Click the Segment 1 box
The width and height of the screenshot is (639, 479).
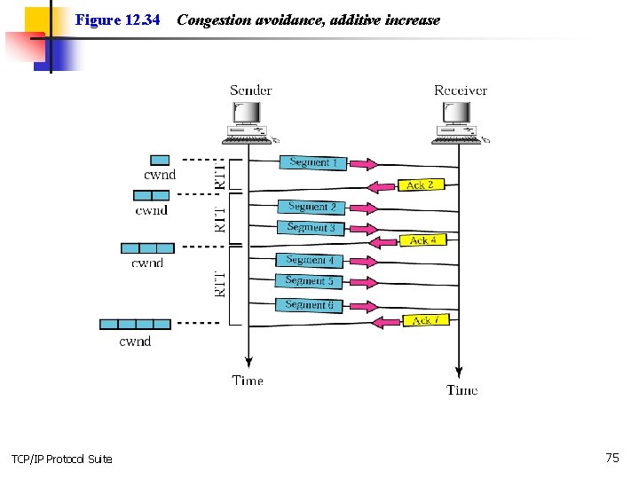tap(313, 163)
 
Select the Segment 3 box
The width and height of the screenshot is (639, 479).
tap(311, 228)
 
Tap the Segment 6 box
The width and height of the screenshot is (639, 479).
tap(309, 305)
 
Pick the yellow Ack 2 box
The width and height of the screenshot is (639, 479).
tap(421, 185)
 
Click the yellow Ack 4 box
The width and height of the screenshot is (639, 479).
tap(423, 239)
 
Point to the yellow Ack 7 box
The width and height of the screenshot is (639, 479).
tap(426, 320)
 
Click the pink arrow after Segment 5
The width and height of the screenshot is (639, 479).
tap(364, 282)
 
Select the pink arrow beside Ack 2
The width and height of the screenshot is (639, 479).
tap(382, 187)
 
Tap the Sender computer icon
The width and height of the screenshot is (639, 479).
tap(249, 123)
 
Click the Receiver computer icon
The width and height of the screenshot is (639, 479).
tap(460, 123)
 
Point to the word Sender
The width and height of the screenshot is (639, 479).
tap(250, 90)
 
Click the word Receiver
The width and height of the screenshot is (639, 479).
tap(461, 90)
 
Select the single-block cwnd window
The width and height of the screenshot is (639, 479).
tap(160, 160)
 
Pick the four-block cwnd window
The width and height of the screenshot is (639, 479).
tap(135, 325)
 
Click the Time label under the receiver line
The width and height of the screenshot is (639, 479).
tap(461, 389)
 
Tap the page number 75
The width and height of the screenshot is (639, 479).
tap(612, 458)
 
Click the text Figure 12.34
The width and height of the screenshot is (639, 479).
tap(117, 20)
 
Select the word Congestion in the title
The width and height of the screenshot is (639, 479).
tap(215, 20)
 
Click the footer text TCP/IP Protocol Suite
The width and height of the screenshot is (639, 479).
tap(62, 459)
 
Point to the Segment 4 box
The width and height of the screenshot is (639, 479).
tap(310, 260)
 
